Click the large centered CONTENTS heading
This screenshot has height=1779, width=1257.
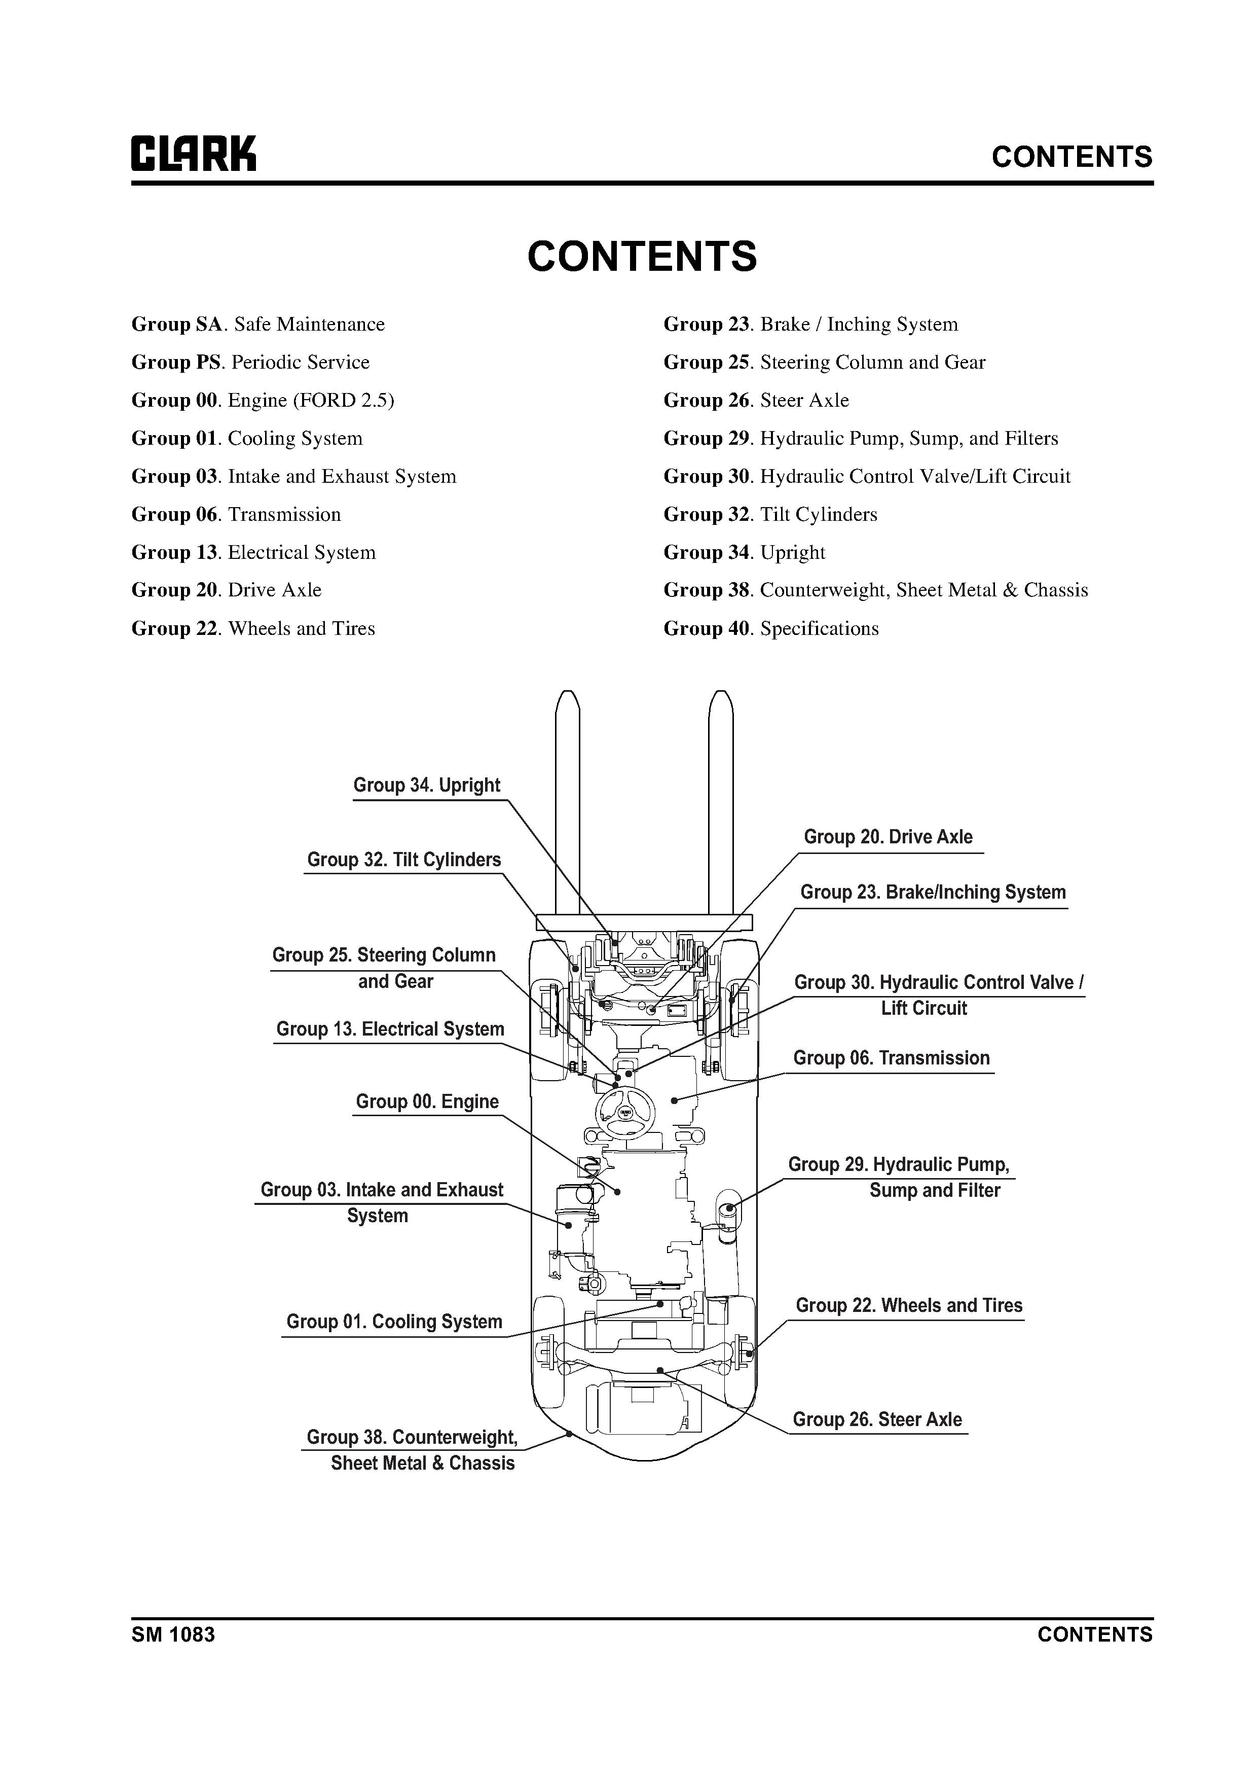[642, 257]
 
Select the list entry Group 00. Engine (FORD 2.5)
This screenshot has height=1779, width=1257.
[263, 401]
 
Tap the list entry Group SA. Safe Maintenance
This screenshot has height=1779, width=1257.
[258, 325]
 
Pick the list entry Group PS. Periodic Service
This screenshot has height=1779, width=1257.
[250, 363]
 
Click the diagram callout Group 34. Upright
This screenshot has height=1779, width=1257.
[427, 786]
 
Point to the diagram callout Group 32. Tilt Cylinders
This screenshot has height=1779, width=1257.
[403, 860]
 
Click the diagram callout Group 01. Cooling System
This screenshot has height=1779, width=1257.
[394, 1322]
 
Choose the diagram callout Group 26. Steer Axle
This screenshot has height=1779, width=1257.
[877, 1419]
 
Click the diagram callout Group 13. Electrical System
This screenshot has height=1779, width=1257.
[390, 1030]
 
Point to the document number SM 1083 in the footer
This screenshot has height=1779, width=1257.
[173, 1635]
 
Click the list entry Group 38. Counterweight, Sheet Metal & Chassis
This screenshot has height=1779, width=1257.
[875, 590]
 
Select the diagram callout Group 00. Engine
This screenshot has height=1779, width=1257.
[427, 1102]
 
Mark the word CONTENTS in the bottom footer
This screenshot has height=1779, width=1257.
[1094, 1635]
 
